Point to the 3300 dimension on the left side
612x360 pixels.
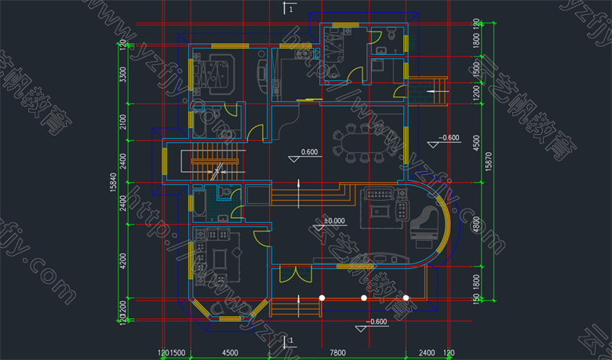[x=122, y=76]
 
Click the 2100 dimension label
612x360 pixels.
[x=122, y=122]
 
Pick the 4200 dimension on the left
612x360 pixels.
[x=122, y=260]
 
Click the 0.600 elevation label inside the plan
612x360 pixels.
[x=309, y=151]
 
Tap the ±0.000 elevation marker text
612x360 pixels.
[x=333, y=222]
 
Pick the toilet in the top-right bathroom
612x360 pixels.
[x=391, y=37]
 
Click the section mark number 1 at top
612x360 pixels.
[x=290, y=9]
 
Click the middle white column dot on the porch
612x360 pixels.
[x=363, y=298]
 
